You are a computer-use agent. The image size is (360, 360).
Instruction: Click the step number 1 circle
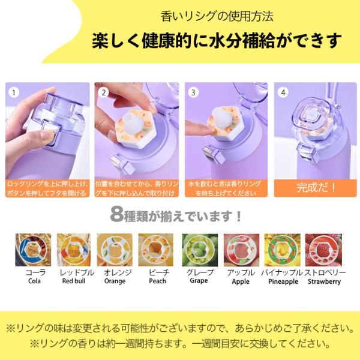pos(14,93)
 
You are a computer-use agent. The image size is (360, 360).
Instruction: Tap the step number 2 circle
pos(104,93)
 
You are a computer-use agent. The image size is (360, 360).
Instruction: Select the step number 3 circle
pos(193,93)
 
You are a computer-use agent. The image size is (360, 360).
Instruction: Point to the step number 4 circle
pos(283,93)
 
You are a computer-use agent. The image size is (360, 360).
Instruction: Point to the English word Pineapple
pos(282,281)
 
